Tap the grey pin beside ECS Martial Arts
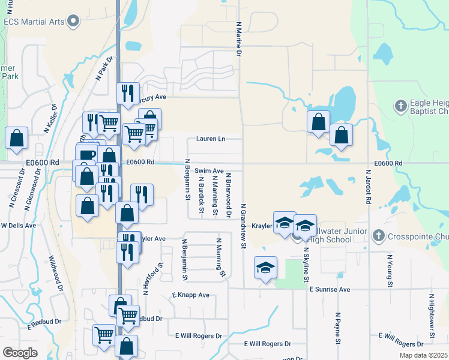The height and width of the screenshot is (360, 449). (x=73, y=22)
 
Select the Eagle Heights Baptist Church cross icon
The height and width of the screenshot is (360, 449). (x=401, y=107)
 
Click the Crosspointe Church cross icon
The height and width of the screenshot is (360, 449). (x=378, y=235)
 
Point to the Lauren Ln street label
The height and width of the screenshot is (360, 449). (x=210, y=139)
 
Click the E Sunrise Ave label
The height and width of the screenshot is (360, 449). (x=330, y=289)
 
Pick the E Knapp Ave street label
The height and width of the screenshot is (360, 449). (x=190, y=295)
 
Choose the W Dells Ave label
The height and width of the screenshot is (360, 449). (x=19, y=226)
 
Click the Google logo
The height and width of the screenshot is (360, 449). (x=20, y=353)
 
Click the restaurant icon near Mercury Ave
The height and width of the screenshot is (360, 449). (x=128, y=93)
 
